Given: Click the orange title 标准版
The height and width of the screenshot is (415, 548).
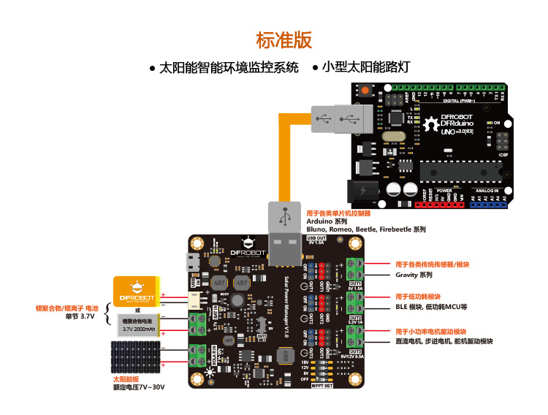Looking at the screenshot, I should click(x=283, y=39).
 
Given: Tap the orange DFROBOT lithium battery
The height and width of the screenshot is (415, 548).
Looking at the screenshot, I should click(x=137, y=293).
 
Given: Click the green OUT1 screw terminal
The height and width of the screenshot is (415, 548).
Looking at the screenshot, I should click(x=357, y=268).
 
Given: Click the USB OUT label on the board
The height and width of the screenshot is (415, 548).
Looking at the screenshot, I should click(x=316, y=239).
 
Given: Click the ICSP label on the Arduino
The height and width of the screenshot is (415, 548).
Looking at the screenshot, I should click(x=503, y=154).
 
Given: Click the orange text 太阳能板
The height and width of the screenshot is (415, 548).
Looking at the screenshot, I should click(x=125, y=379).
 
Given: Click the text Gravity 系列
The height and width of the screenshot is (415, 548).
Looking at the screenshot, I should click(x=414, y=275).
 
